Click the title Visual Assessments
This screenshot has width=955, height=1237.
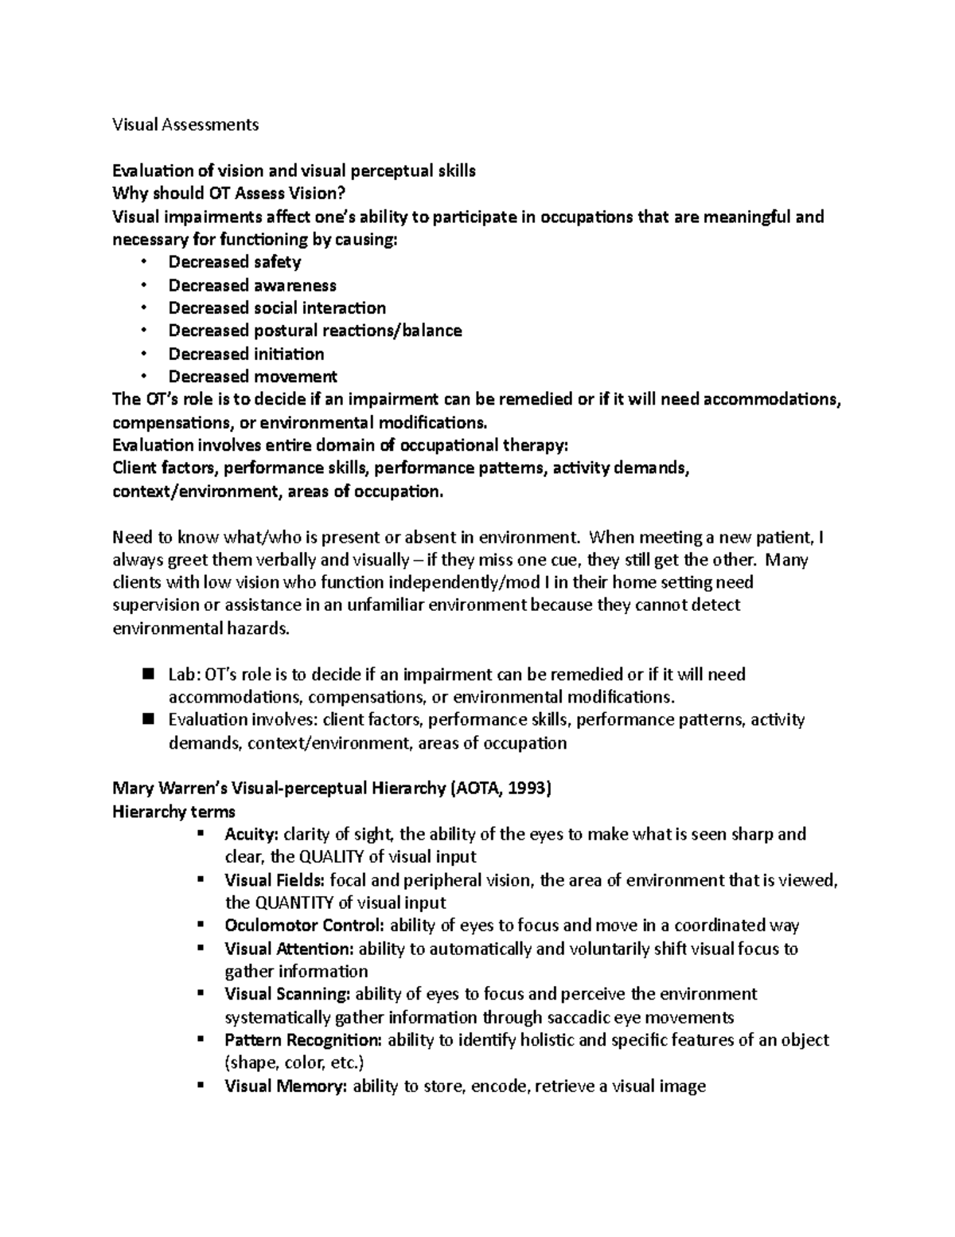pyautogui.click(x=185, y=124)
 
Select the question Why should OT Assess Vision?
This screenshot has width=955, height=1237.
pyautogui.click(x=230, y=194)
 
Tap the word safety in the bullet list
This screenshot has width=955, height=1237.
pyautogui.click(x=277, y=262)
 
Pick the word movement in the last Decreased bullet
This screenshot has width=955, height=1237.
pyautogui.click(x=295, y=377)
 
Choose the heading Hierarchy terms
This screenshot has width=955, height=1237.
pyautogui.click(x=173, y=812)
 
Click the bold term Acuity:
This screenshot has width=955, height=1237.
pyautogui.click(x=251, y=835)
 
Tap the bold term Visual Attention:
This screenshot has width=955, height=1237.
pyautogui.click(x=290, y=949)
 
